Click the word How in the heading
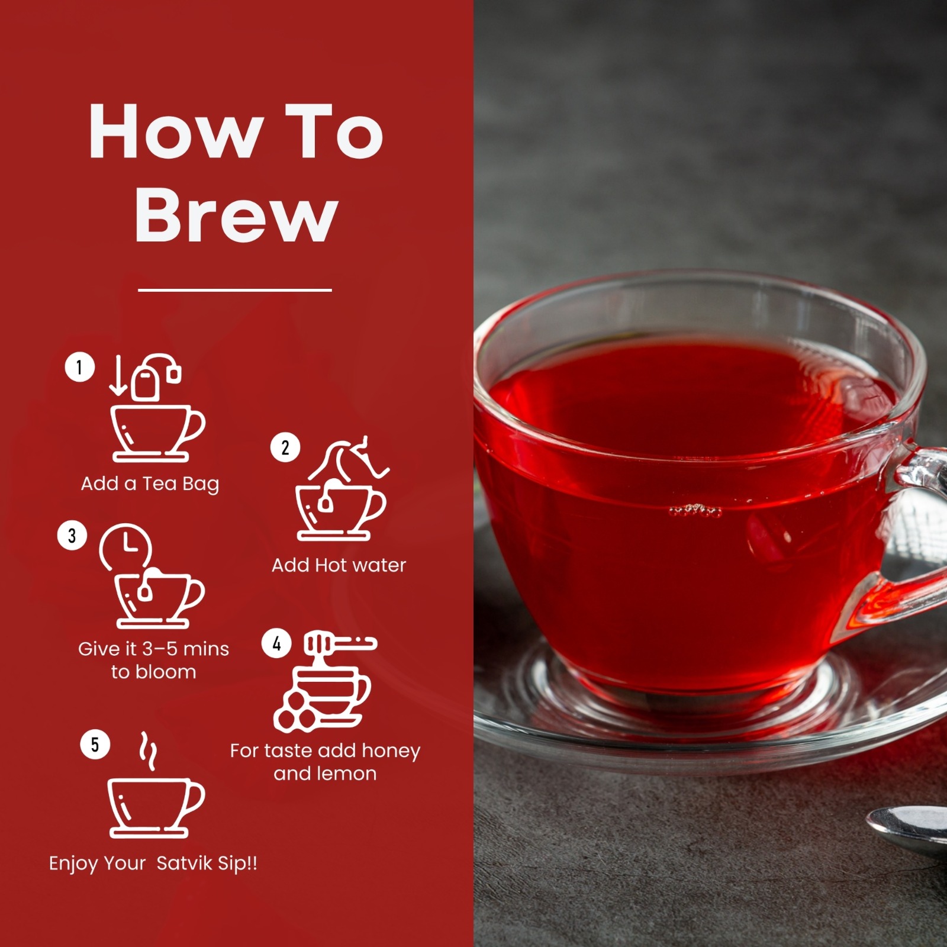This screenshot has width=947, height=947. pos(176,131)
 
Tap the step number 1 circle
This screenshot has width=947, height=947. pos(80,367)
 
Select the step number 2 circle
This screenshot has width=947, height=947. pos(285,447)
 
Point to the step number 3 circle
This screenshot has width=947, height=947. pos(72,536)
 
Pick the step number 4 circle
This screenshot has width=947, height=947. pos(276,643)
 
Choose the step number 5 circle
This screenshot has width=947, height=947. pos(95,745)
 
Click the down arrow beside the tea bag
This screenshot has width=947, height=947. pos(118,375)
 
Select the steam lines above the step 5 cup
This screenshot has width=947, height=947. pos(148,751)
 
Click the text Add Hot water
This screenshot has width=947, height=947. pos(339,565)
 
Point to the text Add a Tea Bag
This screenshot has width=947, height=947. pos(150,484)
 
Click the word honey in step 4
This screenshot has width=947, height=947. pos(391,751)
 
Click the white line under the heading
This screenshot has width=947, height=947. pos(235,290)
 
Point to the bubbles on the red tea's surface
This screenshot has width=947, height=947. pos(695,510)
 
